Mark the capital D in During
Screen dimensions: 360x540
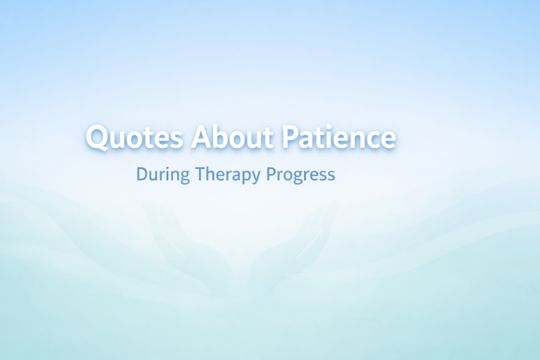click(x=141, y=174)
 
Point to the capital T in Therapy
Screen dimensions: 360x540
click(x=198, y=174)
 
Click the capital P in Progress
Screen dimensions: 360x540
click(x=271, y=174)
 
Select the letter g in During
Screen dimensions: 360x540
click(x=183, y=177)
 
